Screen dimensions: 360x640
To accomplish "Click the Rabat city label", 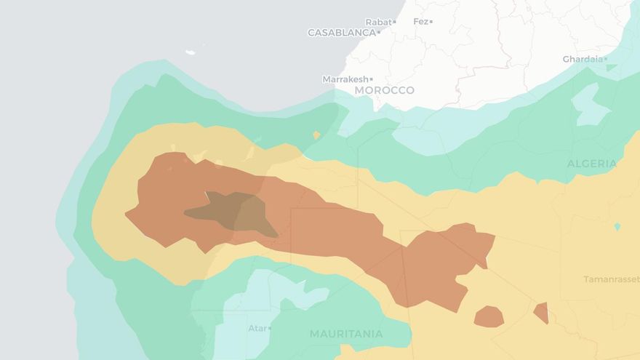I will [377, 22].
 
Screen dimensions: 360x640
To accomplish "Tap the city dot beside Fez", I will [431, 22].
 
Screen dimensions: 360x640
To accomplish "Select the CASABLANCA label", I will [341, 33].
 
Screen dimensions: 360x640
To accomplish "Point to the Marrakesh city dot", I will [372, 79].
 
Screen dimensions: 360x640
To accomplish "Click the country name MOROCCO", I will [384, 90].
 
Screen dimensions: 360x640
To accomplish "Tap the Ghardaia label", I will [582, 59].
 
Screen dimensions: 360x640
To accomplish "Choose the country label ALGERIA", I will [591, 164].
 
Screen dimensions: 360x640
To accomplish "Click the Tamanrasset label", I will [611, 279].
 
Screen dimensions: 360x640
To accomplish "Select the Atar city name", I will [257, 328].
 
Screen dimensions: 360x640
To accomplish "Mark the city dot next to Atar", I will [270, 329].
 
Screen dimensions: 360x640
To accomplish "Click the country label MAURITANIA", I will [346, 334].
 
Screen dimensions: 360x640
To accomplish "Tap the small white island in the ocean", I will [191, 52].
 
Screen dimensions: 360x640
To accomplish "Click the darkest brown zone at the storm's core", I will [236, 212].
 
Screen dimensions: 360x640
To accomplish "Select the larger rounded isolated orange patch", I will [489, 316].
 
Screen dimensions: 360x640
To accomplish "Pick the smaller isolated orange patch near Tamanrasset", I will [541, 313].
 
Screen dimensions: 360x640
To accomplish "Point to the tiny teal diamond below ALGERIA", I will [617, 227].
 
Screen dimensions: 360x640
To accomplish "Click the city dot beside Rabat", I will [394, 22].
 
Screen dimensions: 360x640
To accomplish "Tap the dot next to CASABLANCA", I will [378, 33].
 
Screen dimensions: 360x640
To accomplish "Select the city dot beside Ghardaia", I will [605, 59].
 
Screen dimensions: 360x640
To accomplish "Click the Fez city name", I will [420, 22].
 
